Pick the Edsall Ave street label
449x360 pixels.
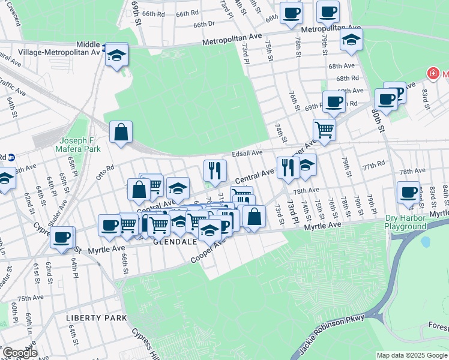click(x=249, y=154)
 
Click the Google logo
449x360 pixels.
click(x=20, y=353)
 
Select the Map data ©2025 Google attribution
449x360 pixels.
click(x=411, y=355)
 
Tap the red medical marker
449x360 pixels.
click(x=432, y=73)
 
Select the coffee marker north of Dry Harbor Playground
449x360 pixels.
click(x=409, y=192)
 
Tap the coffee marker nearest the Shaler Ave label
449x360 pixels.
click(x=62, y=236)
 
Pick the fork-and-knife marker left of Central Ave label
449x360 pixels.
click(x=214, y=170)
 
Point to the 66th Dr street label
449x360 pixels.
click(x=204, y=25)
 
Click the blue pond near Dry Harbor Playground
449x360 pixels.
click(x=426, y=242)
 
